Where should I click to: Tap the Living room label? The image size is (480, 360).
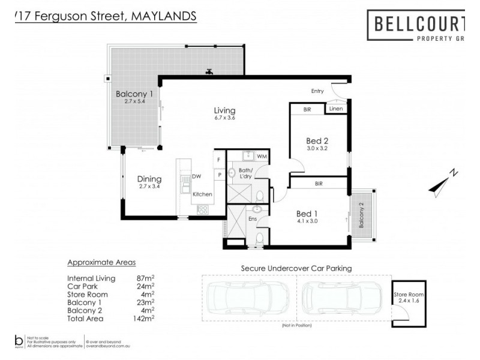[x=225, y=110]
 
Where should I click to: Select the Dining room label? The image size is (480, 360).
[x=149, y=179]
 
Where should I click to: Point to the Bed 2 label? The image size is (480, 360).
[x=317, y=141]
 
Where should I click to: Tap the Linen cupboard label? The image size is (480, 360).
[x=335, y=109]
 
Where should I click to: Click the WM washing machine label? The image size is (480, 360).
[x=262, y=157]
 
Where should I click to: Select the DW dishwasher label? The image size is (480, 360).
[x=196, y=176]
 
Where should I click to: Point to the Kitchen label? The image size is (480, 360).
[x=202, y=194]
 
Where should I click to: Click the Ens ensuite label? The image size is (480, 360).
[x=253, y=220]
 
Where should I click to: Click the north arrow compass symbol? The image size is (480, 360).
[x=445, y=181]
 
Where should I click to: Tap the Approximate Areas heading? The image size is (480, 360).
[x=101, y=263]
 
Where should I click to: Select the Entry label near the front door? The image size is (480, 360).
[x=317, y=91]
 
